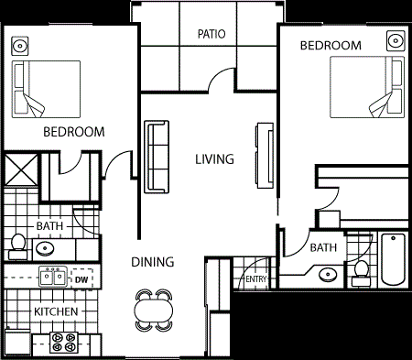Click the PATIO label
211,36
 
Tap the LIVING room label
214,158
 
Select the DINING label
151,262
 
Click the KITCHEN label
55,312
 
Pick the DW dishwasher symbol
81,278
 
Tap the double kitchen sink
51,278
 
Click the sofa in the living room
157,156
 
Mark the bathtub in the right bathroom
393,261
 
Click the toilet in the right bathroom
362,269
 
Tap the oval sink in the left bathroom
45,247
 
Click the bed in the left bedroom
46,89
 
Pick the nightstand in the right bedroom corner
395,41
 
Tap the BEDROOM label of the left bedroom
73,132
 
